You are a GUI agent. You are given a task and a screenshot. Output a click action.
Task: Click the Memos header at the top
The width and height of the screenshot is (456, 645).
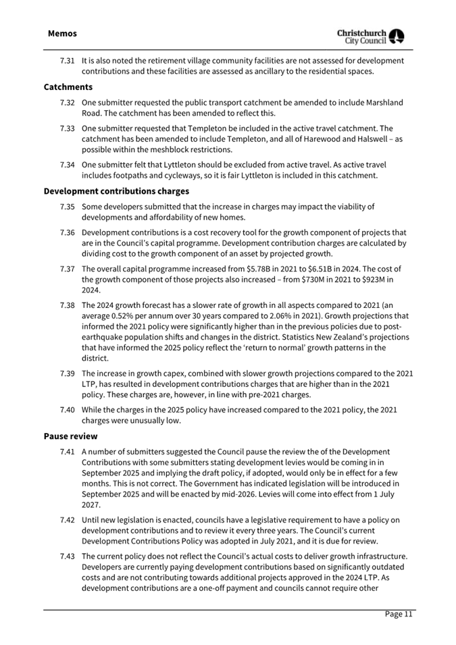point(62,33)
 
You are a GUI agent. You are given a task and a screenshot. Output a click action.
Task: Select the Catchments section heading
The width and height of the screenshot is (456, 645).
point(68,87)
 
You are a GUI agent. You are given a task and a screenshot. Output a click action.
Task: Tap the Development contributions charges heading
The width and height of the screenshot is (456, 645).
point(116,191)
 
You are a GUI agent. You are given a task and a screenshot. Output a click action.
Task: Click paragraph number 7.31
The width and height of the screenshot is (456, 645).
point(67,61)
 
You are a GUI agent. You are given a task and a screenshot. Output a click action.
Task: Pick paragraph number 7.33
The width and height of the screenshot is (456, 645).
point(67,128)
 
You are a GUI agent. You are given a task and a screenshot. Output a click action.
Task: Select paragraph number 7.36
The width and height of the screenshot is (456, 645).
point(67,232)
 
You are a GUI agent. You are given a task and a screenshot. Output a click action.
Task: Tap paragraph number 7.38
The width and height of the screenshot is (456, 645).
point(67,305)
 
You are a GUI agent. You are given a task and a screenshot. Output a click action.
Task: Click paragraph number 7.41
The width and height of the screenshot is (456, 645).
point(67,451)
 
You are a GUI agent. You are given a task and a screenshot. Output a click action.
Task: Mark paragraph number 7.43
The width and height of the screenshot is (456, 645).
point(67,557)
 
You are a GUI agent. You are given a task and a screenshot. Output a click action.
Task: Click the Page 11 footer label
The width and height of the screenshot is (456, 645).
point(399,614)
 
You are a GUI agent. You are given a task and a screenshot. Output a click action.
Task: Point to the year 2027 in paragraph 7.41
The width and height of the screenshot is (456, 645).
point(91,505)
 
